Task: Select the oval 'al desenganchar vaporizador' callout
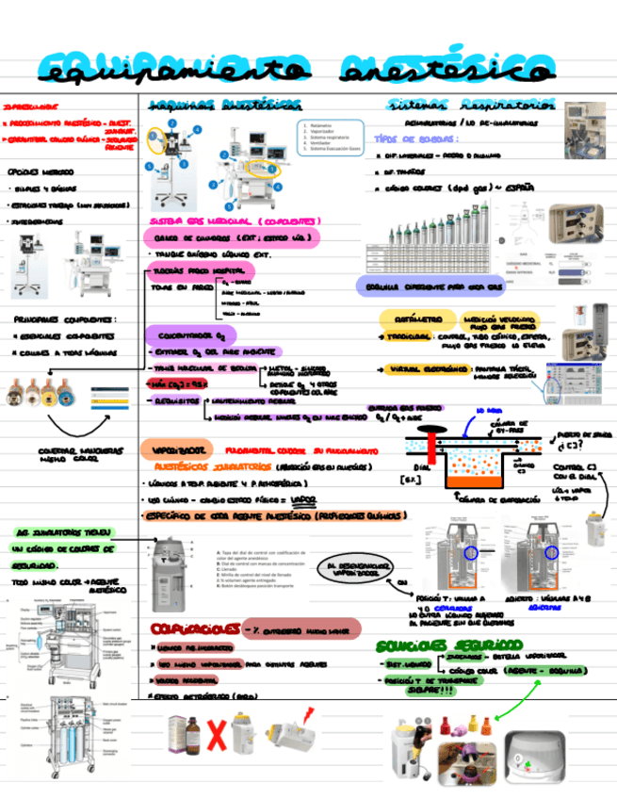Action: click(354, 570)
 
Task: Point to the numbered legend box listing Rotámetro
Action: click(331, 136)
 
